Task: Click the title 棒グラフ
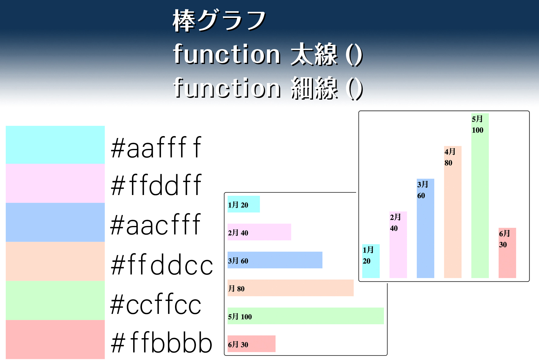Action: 219,20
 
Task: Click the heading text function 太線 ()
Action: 268,54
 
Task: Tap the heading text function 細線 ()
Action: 268,88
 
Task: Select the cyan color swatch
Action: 55,145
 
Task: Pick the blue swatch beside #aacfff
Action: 55,222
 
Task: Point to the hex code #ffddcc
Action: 162,264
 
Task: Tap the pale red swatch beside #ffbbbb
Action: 55,340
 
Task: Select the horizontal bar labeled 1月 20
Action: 244,204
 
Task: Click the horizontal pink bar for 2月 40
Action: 259,232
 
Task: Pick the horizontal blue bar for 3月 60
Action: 275,260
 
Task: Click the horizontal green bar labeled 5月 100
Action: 306,316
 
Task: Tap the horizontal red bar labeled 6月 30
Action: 251,344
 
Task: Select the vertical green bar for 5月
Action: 480,196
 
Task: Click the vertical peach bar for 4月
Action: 453,212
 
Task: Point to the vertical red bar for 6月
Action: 507,253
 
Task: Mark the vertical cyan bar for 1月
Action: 371,261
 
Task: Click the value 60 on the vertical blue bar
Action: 421,196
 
